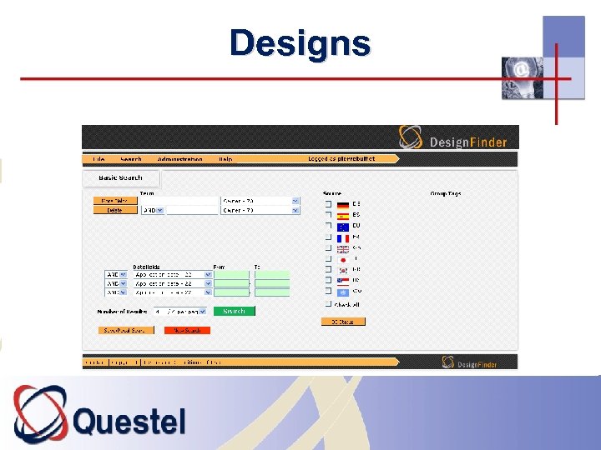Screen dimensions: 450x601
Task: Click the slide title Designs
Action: click(300, 42)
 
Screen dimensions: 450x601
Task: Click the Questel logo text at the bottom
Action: click(129, 421)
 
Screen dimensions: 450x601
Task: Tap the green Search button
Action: click(235, 311)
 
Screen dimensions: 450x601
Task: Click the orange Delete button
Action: click(114, 211)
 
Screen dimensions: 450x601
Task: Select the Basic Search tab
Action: click(121, 177)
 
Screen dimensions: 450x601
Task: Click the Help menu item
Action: click(225, 159)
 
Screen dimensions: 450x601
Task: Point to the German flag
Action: click(343, 203)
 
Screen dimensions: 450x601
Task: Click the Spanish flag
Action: click(343, 215)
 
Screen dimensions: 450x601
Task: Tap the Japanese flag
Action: click(343, 259)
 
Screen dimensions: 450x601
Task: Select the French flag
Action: click(343, 237)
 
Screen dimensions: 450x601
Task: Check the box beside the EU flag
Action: click(328, 226)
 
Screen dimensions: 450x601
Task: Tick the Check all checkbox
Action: click(328, 305)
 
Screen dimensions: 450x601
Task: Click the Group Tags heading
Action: click(445, 193)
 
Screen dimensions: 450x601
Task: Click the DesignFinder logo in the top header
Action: click(453, 138)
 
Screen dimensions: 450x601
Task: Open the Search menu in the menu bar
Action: click(131, 159)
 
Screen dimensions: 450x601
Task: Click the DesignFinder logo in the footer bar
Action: click(472, 362)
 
